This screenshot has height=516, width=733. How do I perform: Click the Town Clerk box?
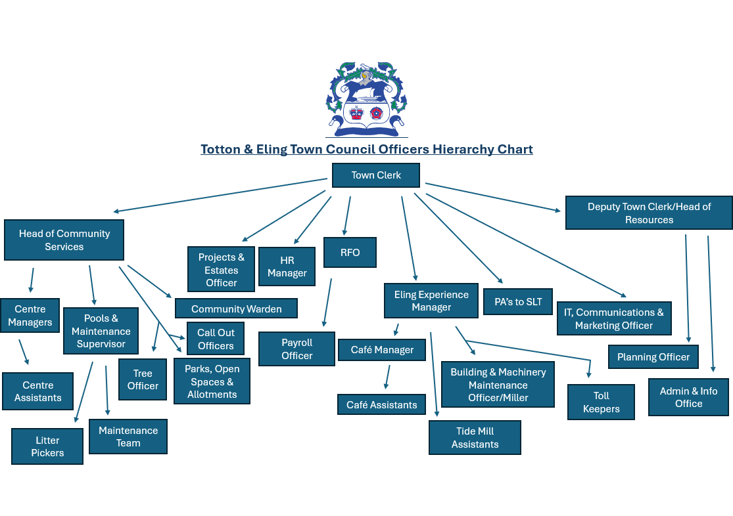pyautogui.click(x=375, y=175)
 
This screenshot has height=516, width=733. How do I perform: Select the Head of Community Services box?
pyautogui.click(x=64, y=240)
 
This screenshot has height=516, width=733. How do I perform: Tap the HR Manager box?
pyautogui.click(x=287, y=267)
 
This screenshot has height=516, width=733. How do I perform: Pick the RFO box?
pyautogui.click(x=350, y=253)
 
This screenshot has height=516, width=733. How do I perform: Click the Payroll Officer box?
pyautogui.click(x=296, y=349)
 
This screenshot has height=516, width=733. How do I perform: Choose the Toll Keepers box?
pyautogui.click(x=601, y=402)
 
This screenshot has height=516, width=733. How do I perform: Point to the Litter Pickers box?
pyautogui.click(x=47, y=446)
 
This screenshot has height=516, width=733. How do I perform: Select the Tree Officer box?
pyautogui.click(x=143, y=379)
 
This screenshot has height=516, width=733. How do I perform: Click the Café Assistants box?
pyautogui.click(x=381, y=405)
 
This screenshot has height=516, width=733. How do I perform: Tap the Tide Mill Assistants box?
pyautogui.click(x=475, y=438)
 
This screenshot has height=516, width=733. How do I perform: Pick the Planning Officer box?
pyautogui.click(x=653, y=357)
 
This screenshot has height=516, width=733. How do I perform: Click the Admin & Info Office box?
pyautogui.click(x=688, y=397)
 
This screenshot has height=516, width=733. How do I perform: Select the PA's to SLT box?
pyautogui.click(x=518, y=302)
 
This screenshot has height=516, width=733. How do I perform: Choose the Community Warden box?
pyautogui.click(x=236, y=309)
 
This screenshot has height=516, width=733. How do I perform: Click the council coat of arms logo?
pyautogui.click(x=366, y=98)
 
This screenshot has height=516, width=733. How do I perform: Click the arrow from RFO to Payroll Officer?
pyautogui.click(x=327, y=302)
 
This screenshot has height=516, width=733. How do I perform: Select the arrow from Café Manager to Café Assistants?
pyautogui.click(x=387, y=377)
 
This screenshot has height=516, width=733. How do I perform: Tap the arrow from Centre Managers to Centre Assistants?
pyautogui.click(x=24, y=351)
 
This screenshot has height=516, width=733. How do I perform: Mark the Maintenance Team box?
pyautogui.click(x=128, y=437)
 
